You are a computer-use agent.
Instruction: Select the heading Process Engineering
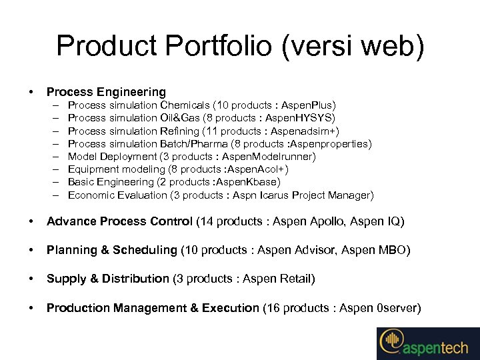pyautogui.click(x=106, y=92)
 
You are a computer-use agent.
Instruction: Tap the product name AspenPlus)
pyautogui.click(x=309, y=105)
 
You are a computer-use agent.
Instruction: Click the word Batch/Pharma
pyautogui.click(x=192, y=143)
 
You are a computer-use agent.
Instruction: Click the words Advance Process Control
pyautogui.click(x=120, y=221)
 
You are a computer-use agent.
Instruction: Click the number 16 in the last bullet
pyautogui.click(x=271, y=308)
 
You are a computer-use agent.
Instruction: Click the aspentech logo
pyautogui.click(x=427, y=343)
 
